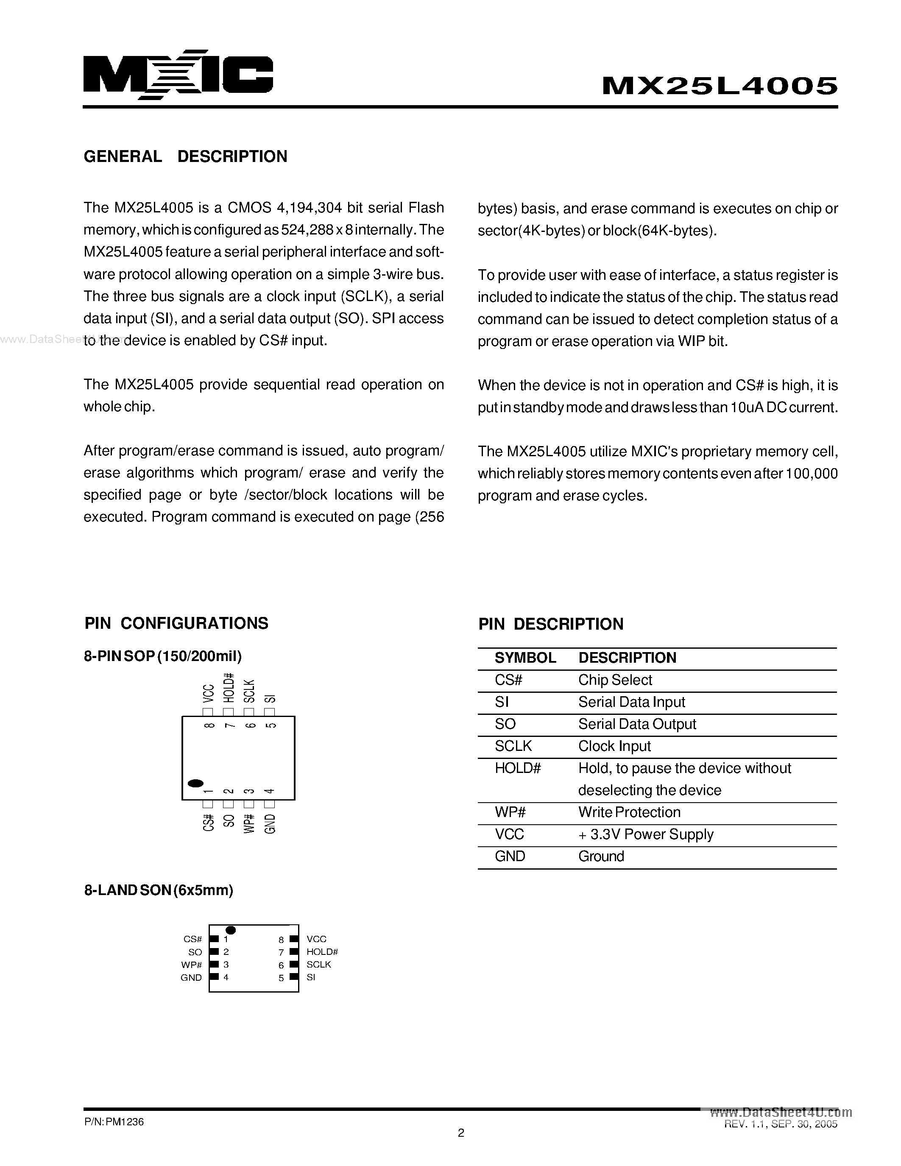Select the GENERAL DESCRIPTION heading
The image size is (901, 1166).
(x=185, y=156)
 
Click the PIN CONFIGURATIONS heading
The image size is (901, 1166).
(x=176, y=623)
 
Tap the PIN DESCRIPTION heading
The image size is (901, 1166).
(x=550, y=624)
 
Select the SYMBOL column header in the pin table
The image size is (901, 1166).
(x=525, y=658)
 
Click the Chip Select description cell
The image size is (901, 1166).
(x=615, y=680)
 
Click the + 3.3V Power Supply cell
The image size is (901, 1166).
(x=646, y=834)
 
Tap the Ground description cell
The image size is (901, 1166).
(x=601, y=856)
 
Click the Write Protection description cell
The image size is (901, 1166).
(x=629, y=812)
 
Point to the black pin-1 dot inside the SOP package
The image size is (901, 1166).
(x=196, y=783)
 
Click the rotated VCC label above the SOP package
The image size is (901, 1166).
(x=208, y=694)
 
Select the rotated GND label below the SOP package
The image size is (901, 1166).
(x=270, y=824)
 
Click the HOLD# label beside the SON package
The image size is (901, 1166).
(x=322, y=952)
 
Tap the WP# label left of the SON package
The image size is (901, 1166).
(x=192, y=965)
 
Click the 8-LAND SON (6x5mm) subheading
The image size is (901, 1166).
(x=159, y=890)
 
